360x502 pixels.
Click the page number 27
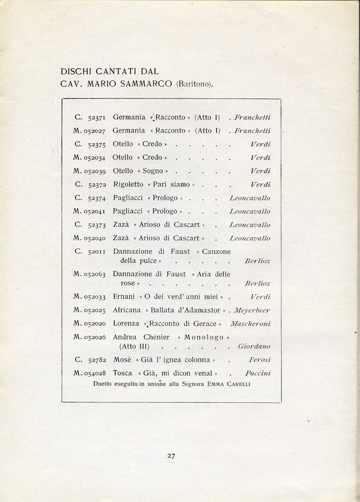point(171,456)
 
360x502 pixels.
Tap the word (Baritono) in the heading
point(195,85)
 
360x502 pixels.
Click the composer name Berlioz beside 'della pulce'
point(257,261)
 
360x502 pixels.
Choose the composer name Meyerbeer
point(252,310)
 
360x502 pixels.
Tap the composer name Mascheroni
point(251,324)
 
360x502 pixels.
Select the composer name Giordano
point(254,347)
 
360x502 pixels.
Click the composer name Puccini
point(257,373)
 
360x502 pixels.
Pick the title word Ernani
point(123,296)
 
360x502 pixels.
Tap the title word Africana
point(127,310)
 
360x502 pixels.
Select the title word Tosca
point(123,373)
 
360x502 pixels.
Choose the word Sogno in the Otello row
point(153,171)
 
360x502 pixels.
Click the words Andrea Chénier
point(136,337)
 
